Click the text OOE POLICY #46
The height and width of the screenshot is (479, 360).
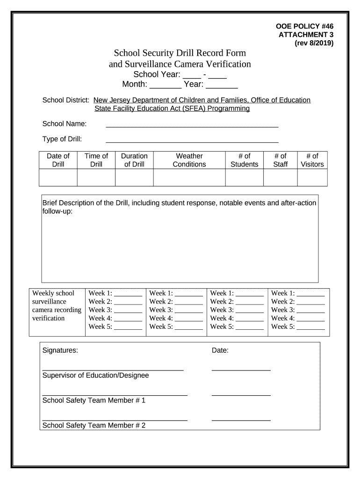click(x=305, y=26)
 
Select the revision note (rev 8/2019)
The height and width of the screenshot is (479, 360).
click(x=314, y=43)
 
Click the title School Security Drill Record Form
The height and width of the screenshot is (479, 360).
click(x=180, y=53)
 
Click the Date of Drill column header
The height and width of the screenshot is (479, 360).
click(x=58, y=160)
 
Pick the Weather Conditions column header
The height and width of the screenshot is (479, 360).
click(x=189, y=160)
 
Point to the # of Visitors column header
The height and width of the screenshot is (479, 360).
click(x=312, y=160)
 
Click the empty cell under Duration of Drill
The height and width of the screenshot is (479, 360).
click(x=134, y=178)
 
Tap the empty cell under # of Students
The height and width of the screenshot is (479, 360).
click(x=244, y=178)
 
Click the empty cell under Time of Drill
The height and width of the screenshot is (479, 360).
click(x=96, y=178)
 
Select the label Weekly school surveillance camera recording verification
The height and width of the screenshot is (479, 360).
click(x=57, y=306)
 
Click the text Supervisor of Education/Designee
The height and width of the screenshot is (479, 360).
click(x=95, y=375)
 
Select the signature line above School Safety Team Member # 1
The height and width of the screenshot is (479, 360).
click(x=115, y=395)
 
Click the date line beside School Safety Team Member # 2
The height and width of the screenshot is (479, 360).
click(x=241, y=420)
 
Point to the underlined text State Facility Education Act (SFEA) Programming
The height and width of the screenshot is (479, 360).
click(x=172, y=109)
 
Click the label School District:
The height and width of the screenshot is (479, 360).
click(x=66, y=100)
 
